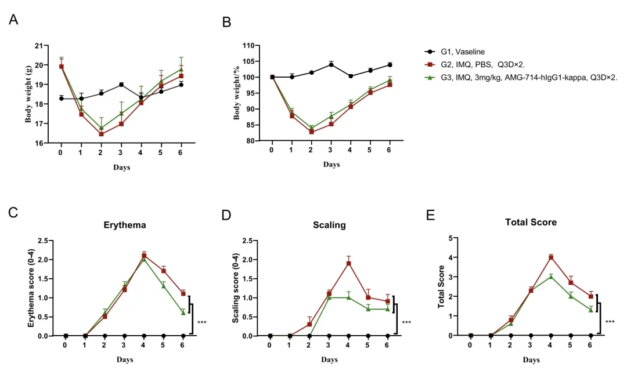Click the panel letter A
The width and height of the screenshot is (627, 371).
[14, 20]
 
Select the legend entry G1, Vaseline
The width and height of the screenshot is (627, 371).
[461, 51]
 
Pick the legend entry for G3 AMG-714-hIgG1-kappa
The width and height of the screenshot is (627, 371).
[522, 77]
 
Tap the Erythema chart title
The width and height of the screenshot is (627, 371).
[125, 225]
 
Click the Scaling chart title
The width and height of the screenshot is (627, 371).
[329, 225]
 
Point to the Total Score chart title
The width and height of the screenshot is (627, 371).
[531, 222]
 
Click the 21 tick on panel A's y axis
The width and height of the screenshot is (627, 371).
[39, 45]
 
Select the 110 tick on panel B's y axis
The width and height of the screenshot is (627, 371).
[248, 45]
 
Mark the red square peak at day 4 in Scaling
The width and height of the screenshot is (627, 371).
[349, 263]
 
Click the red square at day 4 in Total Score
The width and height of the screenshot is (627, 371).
[551, 257]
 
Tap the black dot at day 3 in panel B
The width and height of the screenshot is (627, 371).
[331, 64]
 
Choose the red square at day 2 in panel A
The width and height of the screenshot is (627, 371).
[101, 134]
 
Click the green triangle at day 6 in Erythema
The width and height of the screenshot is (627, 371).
[183, 312]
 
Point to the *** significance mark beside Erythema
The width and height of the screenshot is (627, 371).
[202, 322]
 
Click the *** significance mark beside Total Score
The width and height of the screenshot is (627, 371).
[610, 322]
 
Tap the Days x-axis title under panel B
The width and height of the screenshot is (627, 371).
[331, 165]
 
